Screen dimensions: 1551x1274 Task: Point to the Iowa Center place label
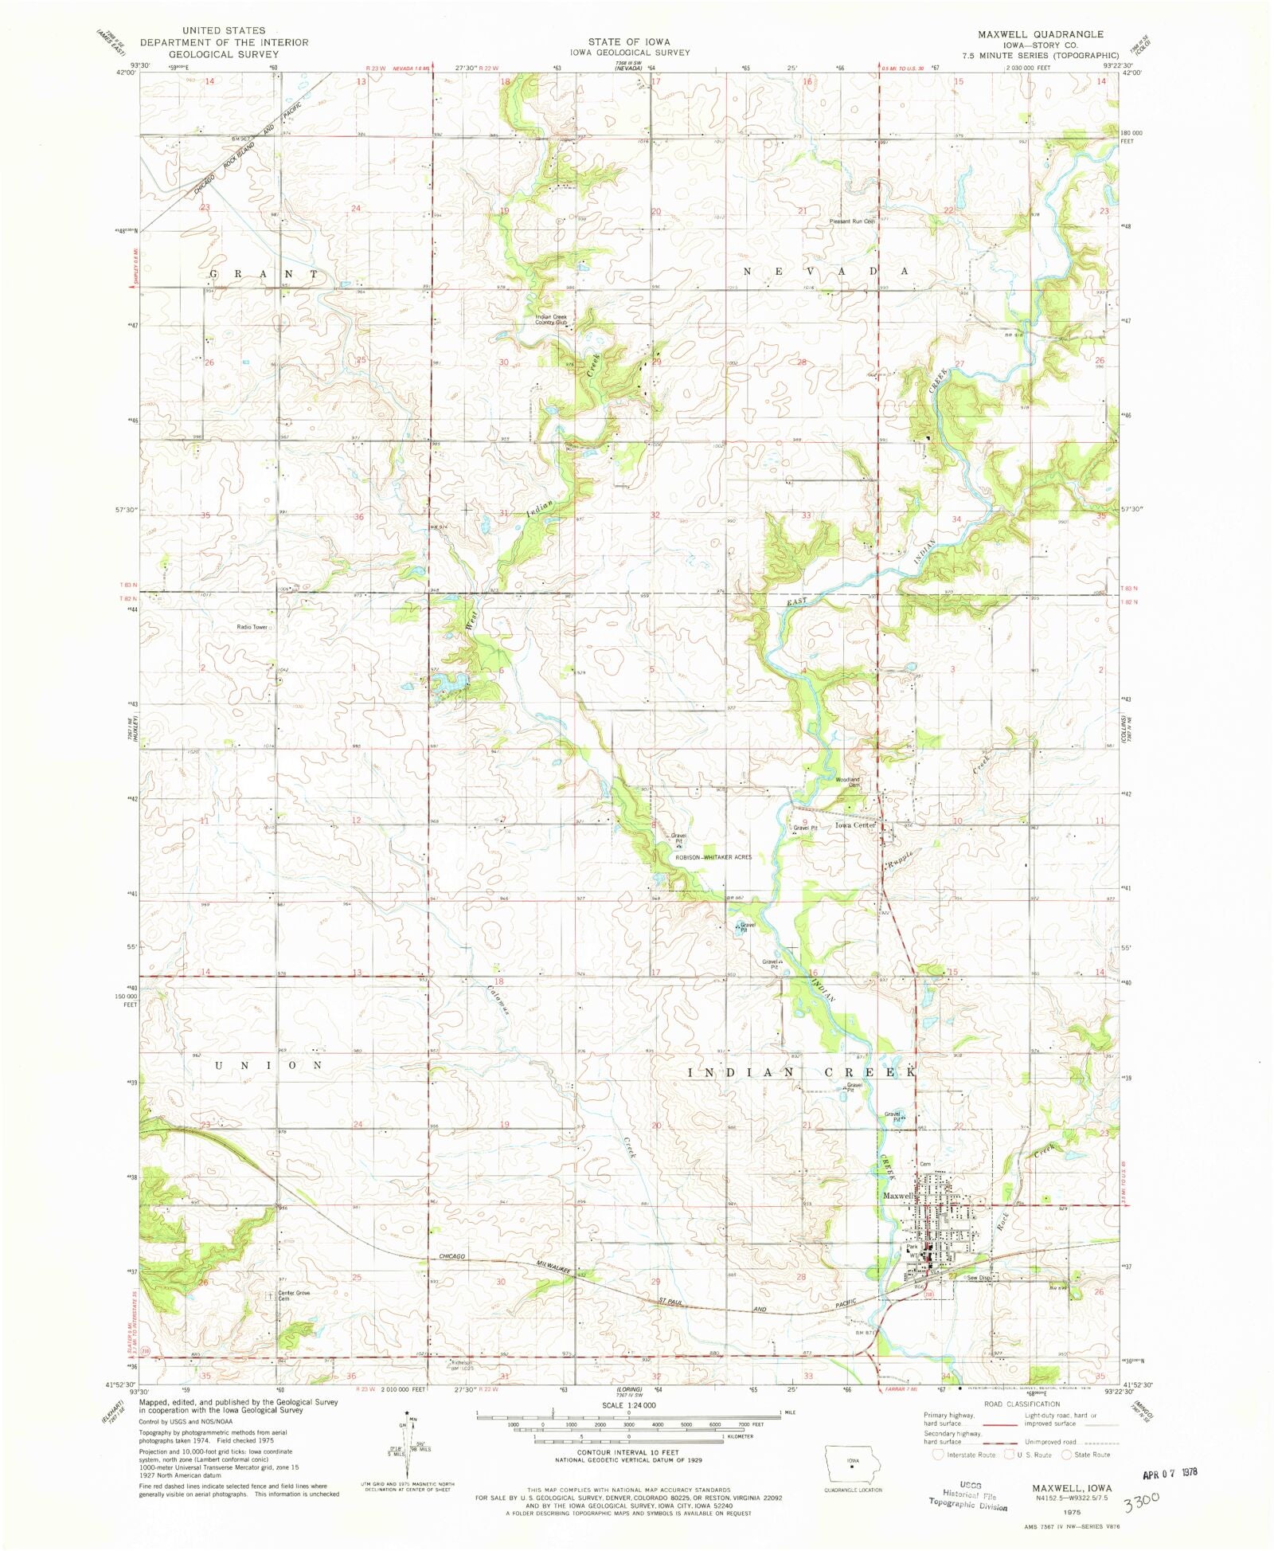click(855, 825)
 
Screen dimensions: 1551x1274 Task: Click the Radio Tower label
click(252, 627)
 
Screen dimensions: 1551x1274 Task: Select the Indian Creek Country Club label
click(551, 319)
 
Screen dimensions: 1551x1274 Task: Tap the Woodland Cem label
click(848, 781)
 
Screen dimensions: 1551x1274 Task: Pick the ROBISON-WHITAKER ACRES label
click(713, 857)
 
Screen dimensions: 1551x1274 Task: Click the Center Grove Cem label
click(292, 1295)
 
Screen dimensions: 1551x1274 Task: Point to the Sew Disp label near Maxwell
click(979, 1278)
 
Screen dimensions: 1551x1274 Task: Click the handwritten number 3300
click(1141, 1499)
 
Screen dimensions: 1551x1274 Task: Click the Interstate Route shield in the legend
click(938, 1454)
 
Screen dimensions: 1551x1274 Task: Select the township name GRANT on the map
click(263, 273)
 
